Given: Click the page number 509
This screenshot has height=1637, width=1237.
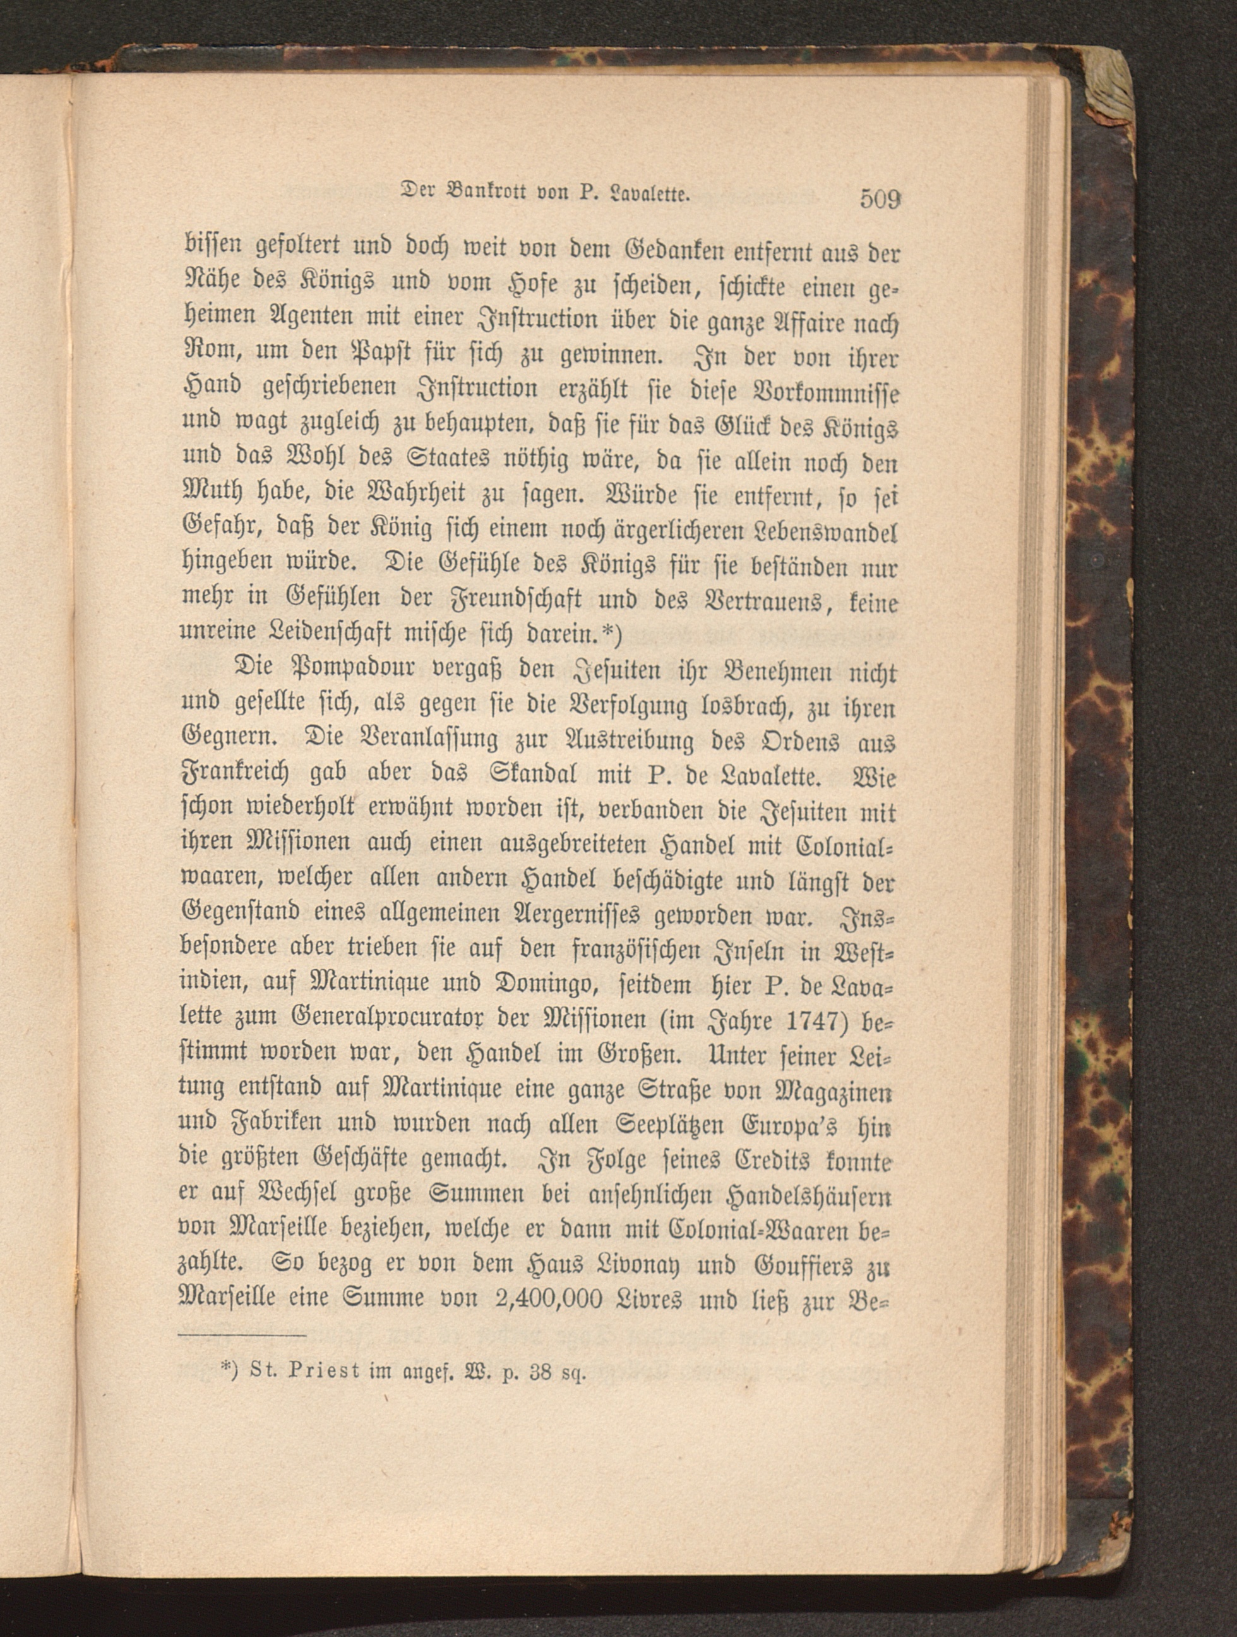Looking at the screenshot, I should [880, 200].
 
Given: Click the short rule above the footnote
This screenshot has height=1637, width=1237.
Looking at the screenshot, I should [242, 1335].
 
